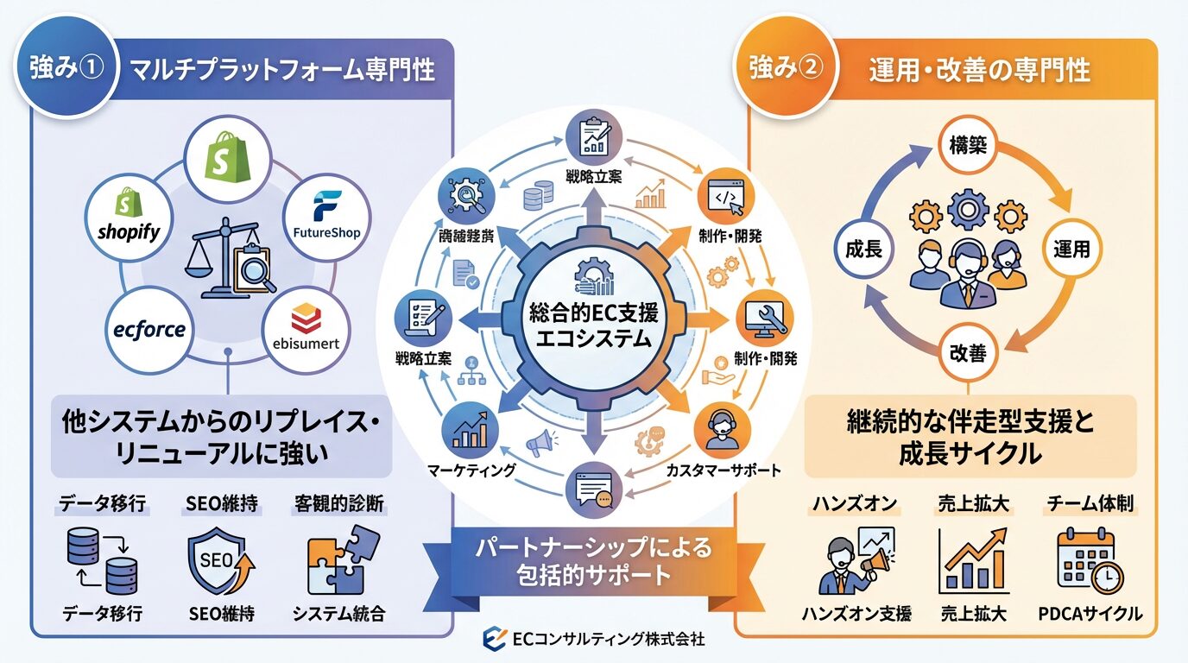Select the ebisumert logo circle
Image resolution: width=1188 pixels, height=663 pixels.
(305, 331)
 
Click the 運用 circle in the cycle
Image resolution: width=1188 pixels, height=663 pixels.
(1071, 250)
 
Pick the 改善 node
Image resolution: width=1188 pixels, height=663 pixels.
(967, 354)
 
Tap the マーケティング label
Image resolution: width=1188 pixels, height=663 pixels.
(471, 470)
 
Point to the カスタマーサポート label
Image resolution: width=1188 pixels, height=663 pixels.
(724, 470)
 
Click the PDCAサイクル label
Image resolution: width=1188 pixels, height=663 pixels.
(1090, 614)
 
